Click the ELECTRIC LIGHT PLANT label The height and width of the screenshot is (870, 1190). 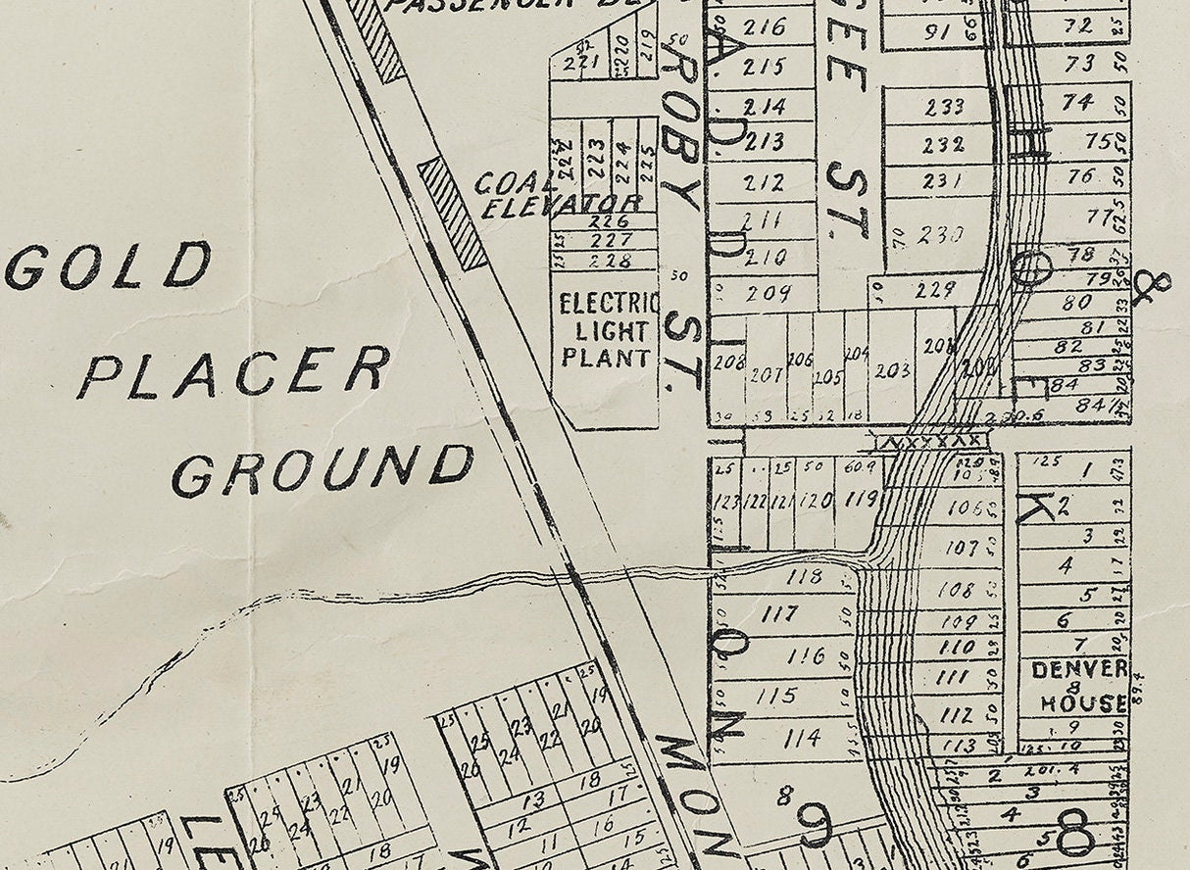click(x=606, y=330)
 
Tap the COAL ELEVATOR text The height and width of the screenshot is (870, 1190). click(x=559, y=194)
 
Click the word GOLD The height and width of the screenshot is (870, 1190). click(x=108, y=266)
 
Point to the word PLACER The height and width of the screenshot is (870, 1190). click(x=233, y=374)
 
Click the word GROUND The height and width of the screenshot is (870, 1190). click(x=322, y=470)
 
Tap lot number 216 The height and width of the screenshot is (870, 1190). click(x=765, y=26)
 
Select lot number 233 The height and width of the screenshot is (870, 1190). click(x=943, y=106)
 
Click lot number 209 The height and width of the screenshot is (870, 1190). click(x=767, y=293)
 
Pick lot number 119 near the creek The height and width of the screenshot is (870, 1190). click(x=861, y=500)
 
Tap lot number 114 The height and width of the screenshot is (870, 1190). click(x=802, y=738)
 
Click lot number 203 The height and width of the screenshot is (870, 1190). click(x=891, y=371)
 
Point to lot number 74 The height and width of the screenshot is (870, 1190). click(x=1078, y=102)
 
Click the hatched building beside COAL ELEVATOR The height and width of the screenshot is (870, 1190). click(x=453, y=214)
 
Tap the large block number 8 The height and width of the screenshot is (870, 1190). click(x=1074, y=836)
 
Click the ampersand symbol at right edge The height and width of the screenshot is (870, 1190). click(x=1151, y=288)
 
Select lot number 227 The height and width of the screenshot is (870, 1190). click(x=614, y=240)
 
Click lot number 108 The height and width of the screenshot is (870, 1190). click(x=956, y=590)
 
